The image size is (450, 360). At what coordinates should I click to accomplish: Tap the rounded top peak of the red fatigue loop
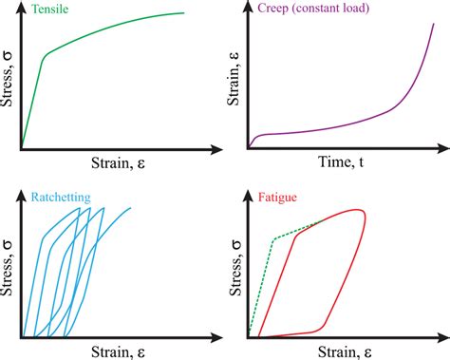(x=356, y=211)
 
